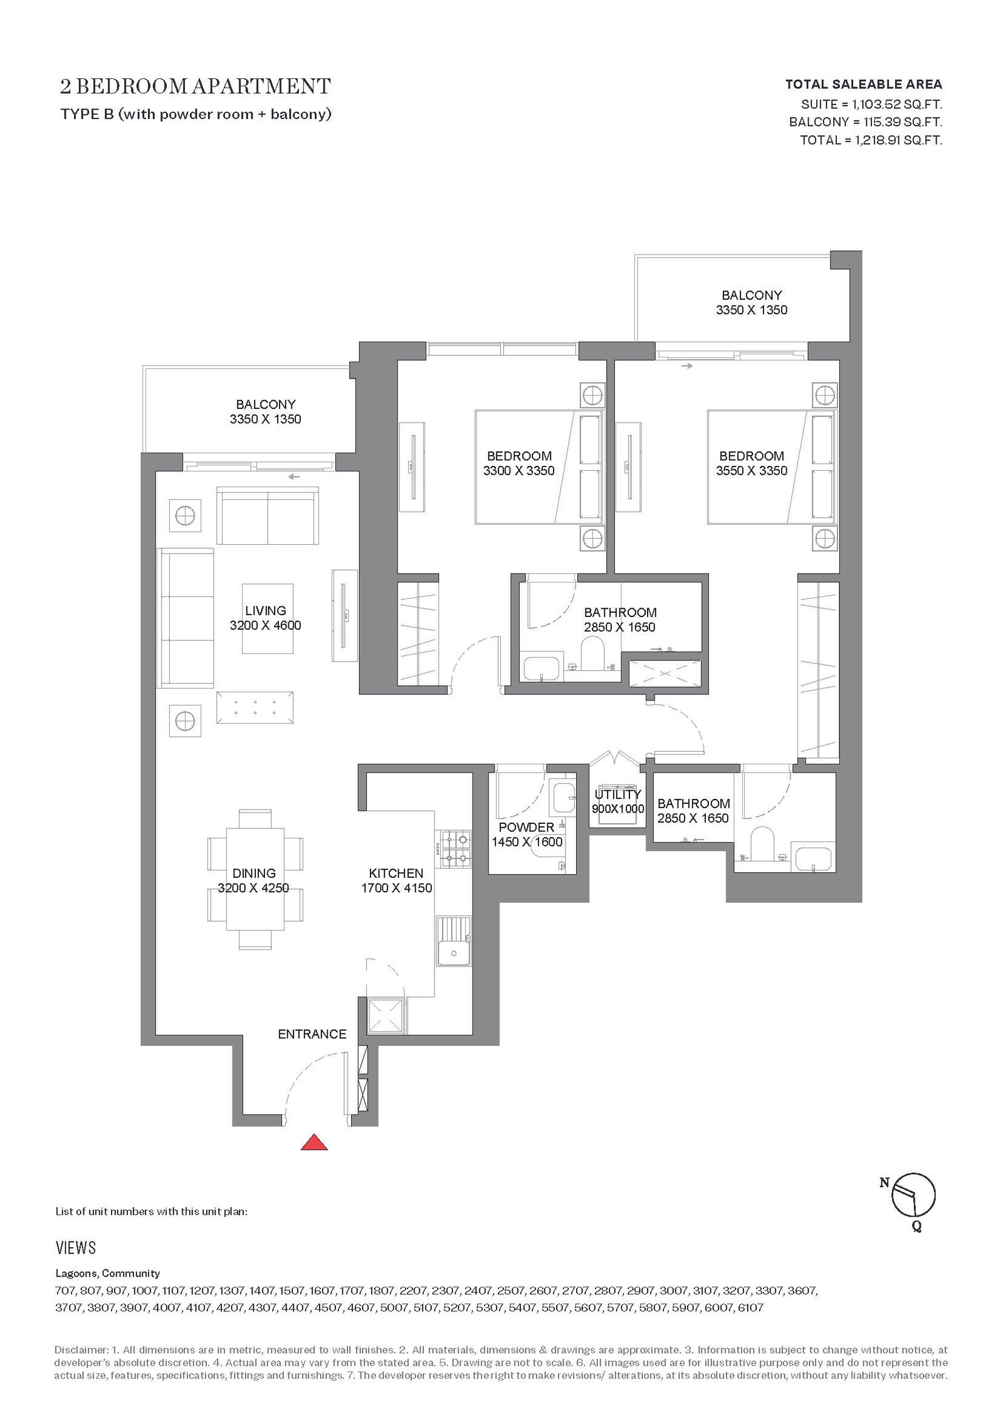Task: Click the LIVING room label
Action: point(265,610)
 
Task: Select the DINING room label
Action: point(254,873)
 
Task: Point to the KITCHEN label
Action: point(396,873)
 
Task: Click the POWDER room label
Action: point(527,827)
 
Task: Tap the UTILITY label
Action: point(618,794)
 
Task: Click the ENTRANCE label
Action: point(312,1034)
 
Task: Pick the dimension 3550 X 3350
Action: point(752,471)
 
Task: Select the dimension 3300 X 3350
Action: point(519,471)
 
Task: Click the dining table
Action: point(255,879)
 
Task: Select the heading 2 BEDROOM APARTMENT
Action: point(196,86)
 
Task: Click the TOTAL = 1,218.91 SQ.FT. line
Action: point(871,140)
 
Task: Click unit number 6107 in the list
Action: point(751,1308)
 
